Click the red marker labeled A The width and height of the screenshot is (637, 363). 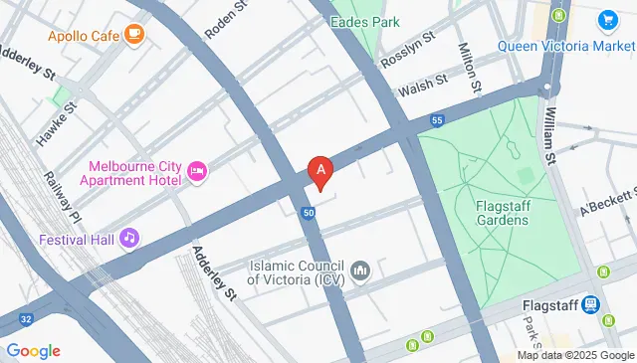(x=319, y=171)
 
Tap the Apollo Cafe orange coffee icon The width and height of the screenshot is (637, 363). (x=134, y=36)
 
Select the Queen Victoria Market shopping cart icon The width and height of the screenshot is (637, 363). (x=606, y=20)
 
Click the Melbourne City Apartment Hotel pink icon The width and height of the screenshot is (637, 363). (x=197, y=174)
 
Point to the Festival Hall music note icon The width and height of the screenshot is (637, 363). (x=127, y=239)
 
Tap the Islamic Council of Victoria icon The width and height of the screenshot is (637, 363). (x=360, y=271)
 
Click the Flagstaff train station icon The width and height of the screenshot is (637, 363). (x=591, y=304)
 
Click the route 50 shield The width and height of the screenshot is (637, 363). (x=310, y=213)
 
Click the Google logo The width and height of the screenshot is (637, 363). (x=33, y=351)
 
